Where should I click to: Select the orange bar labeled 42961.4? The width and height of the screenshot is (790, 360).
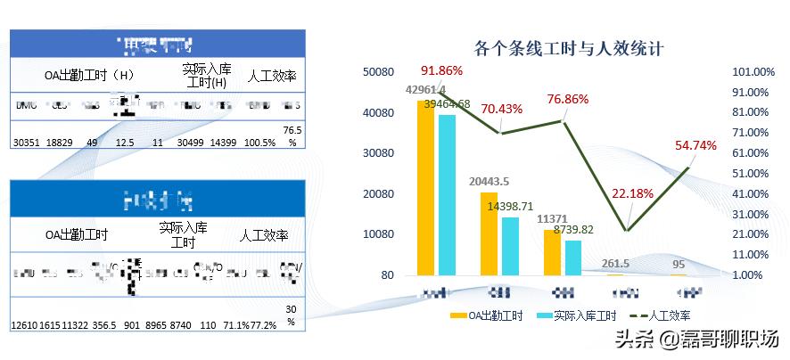426,187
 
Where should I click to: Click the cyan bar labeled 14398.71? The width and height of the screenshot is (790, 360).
510,246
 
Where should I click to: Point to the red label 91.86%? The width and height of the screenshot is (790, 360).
442,71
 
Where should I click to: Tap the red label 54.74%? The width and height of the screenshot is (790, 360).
695,145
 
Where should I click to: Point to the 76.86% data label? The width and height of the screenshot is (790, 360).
567,99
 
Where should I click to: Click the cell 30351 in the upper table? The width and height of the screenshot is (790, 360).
28,142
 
